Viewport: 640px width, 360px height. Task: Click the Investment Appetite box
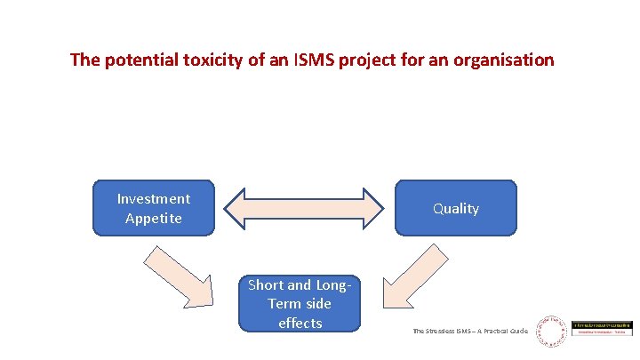[154, 208]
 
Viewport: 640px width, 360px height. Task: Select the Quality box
[455, 208]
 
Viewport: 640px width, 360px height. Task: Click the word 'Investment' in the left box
[154, 198]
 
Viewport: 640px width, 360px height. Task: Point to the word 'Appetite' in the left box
[154, 218]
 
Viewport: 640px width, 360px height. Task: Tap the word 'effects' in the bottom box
[300, 323]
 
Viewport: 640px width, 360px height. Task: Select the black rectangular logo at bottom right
[602, 328]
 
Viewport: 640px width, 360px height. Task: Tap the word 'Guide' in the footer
[518, 331]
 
